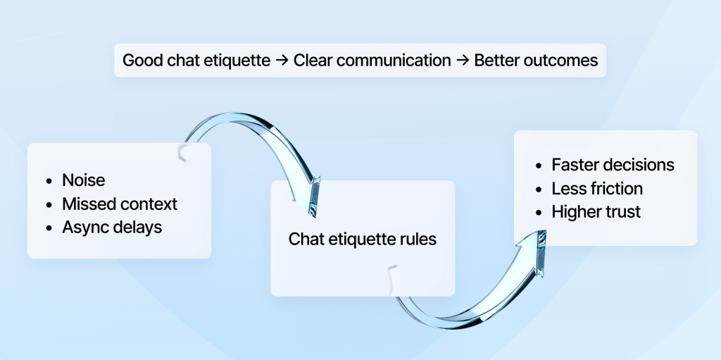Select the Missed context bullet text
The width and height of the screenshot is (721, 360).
[120, 204]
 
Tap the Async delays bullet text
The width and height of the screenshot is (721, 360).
[112, 228]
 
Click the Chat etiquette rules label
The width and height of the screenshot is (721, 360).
[363, 240]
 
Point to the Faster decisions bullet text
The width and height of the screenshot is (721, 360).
[613, 165]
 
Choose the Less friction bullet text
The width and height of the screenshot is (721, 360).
[597, 189]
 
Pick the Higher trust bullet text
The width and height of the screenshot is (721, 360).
[596, 212]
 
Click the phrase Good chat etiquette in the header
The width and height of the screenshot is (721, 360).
[196, 61]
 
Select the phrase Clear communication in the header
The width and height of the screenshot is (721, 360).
[372, 61]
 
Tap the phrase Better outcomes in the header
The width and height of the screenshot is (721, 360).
[536, 61]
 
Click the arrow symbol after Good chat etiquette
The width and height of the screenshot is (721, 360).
[282, 61]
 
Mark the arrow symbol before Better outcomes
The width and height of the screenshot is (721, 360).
[463, 61]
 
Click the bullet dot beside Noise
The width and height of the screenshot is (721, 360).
[49, 181]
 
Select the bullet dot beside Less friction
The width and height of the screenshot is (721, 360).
[539, 190]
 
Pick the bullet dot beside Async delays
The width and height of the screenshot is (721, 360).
[49, 228]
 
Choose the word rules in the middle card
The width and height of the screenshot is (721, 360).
[418, 240]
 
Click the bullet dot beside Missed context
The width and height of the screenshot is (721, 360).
[49, 205]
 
